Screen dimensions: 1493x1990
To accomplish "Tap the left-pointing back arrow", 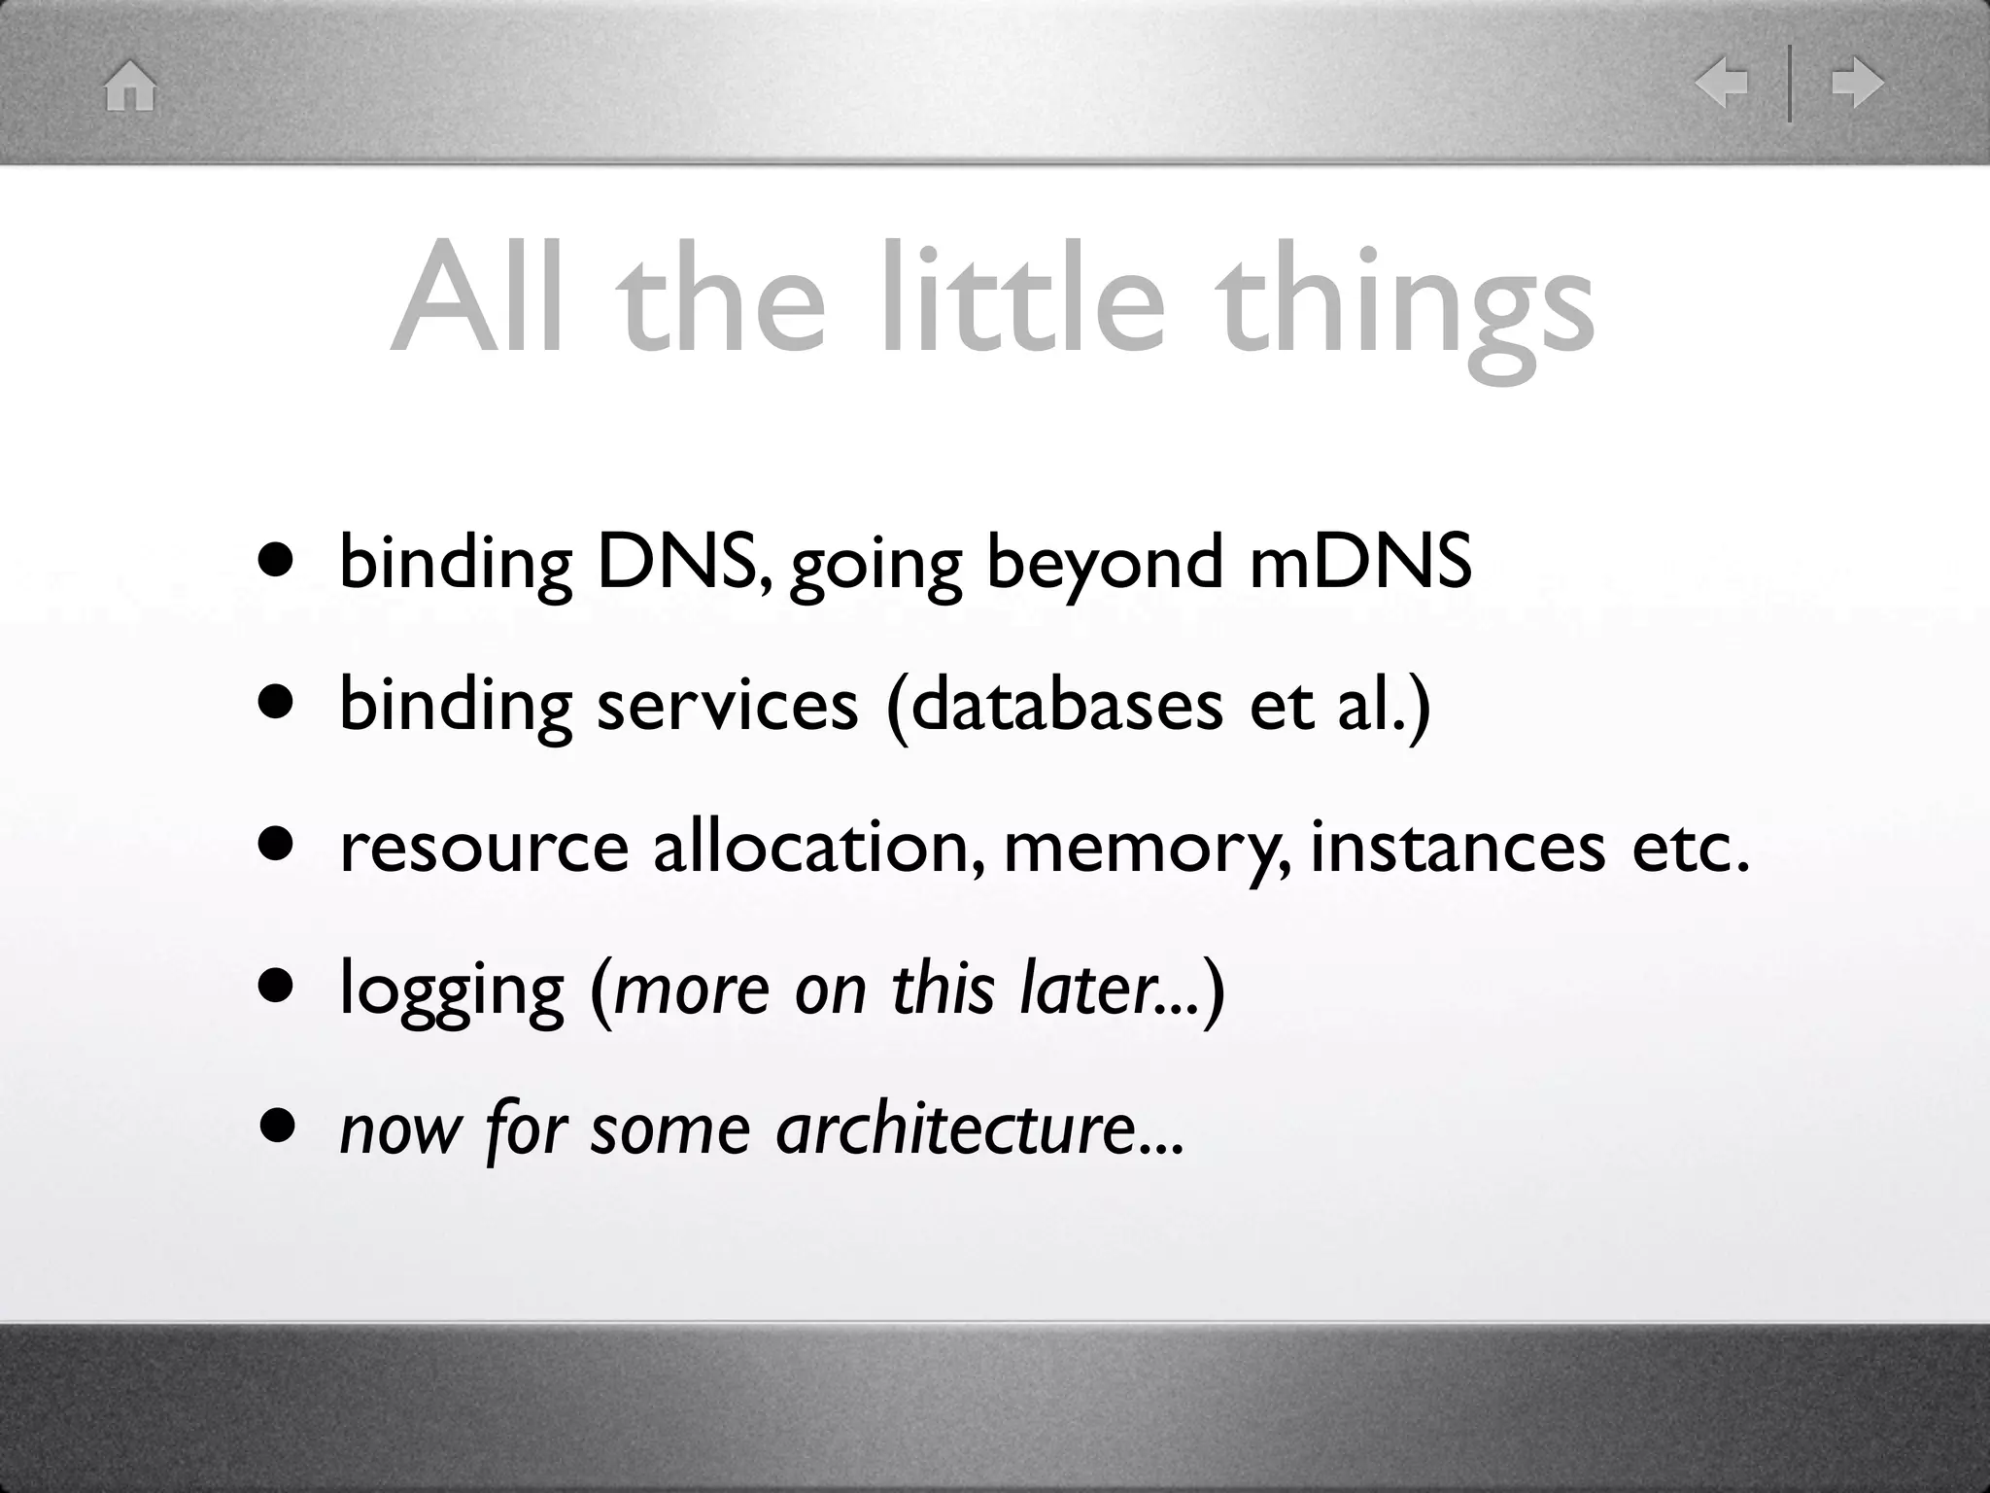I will pyautogui.click(x=1721, y=83).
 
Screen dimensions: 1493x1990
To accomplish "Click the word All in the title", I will pyautogui.click(x=476, y=296).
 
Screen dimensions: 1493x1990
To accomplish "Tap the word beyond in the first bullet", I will pyautogui.click(x=1105, y=566).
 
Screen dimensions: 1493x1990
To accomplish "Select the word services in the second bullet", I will pyautogui.click(x=727, y=704).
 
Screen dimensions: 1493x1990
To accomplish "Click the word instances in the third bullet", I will pyautogui.click(x=1458, y=846).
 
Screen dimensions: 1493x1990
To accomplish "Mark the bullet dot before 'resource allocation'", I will pyautogui.click(x=276, y=845).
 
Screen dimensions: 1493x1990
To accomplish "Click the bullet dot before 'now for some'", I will pyautogui.click(x=276, y=1127).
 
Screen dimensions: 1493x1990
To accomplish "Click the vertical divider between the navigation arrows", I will pyautogui.click(x=1789, y=84).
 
